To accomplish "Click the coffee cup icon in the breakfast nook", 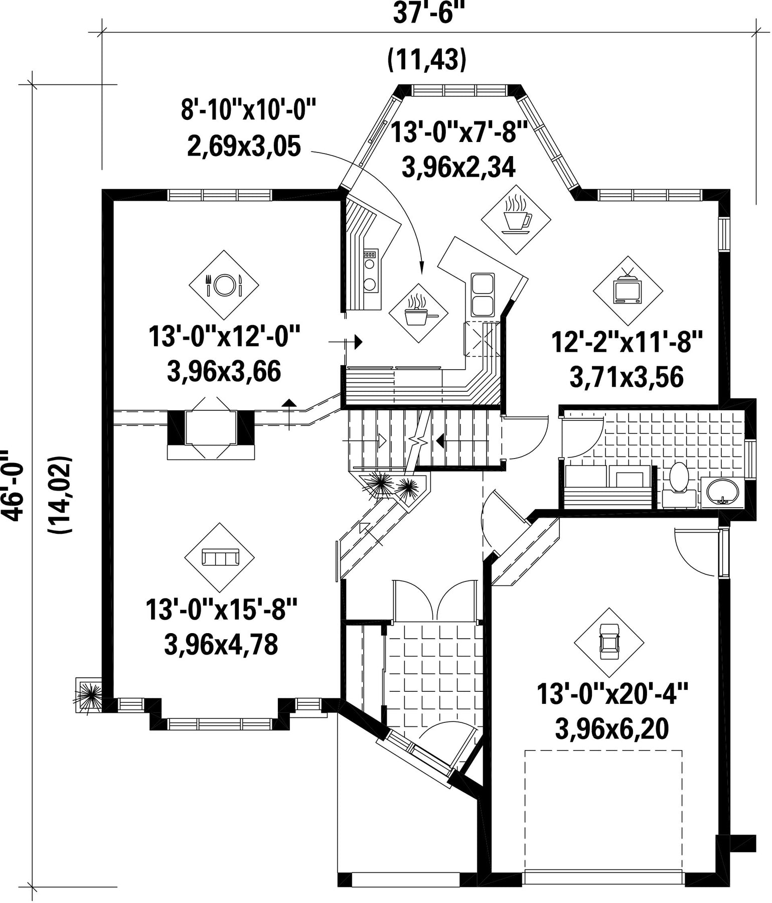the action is pos(516,219).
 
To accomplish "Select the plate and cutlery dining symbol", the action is pos(224,285).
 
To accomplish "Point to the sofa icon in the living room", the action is pos(219,557).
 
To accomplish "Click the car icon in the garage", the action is pos(609,643).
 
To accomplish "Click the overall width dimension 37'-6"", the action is pos(427,14).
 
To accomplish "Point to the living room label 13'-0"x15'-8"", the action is pos(222,610).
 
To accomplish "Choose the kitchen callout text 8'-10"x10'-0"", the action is pos(249,110).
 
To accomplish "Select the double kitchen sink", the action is pos(483,295).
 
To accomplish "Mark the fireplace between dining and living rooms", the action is pos(211,428).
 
